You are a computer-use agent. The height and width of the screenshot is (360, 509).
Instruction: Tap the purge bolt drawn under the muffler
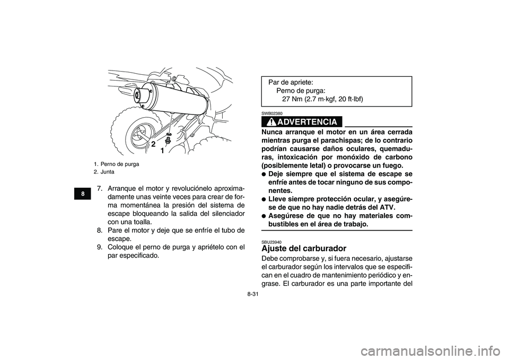pyautogui.click(x=168, y=141)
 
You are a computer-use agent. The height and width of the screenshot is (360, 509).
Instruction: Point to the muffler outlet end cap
pyautogui.click(x=141, y=96)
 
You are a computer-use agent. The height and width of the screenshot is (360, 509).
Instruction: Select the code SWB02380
pyautogui.click(x=271, y=113)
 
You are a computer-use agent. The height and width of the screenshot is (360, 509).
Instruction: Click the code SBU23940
pyautogui.click(x=271, y=242)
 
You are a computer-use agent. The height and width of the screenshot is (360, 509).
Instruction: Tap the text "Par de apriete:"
pyautogui.click(x=291, y=83)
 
